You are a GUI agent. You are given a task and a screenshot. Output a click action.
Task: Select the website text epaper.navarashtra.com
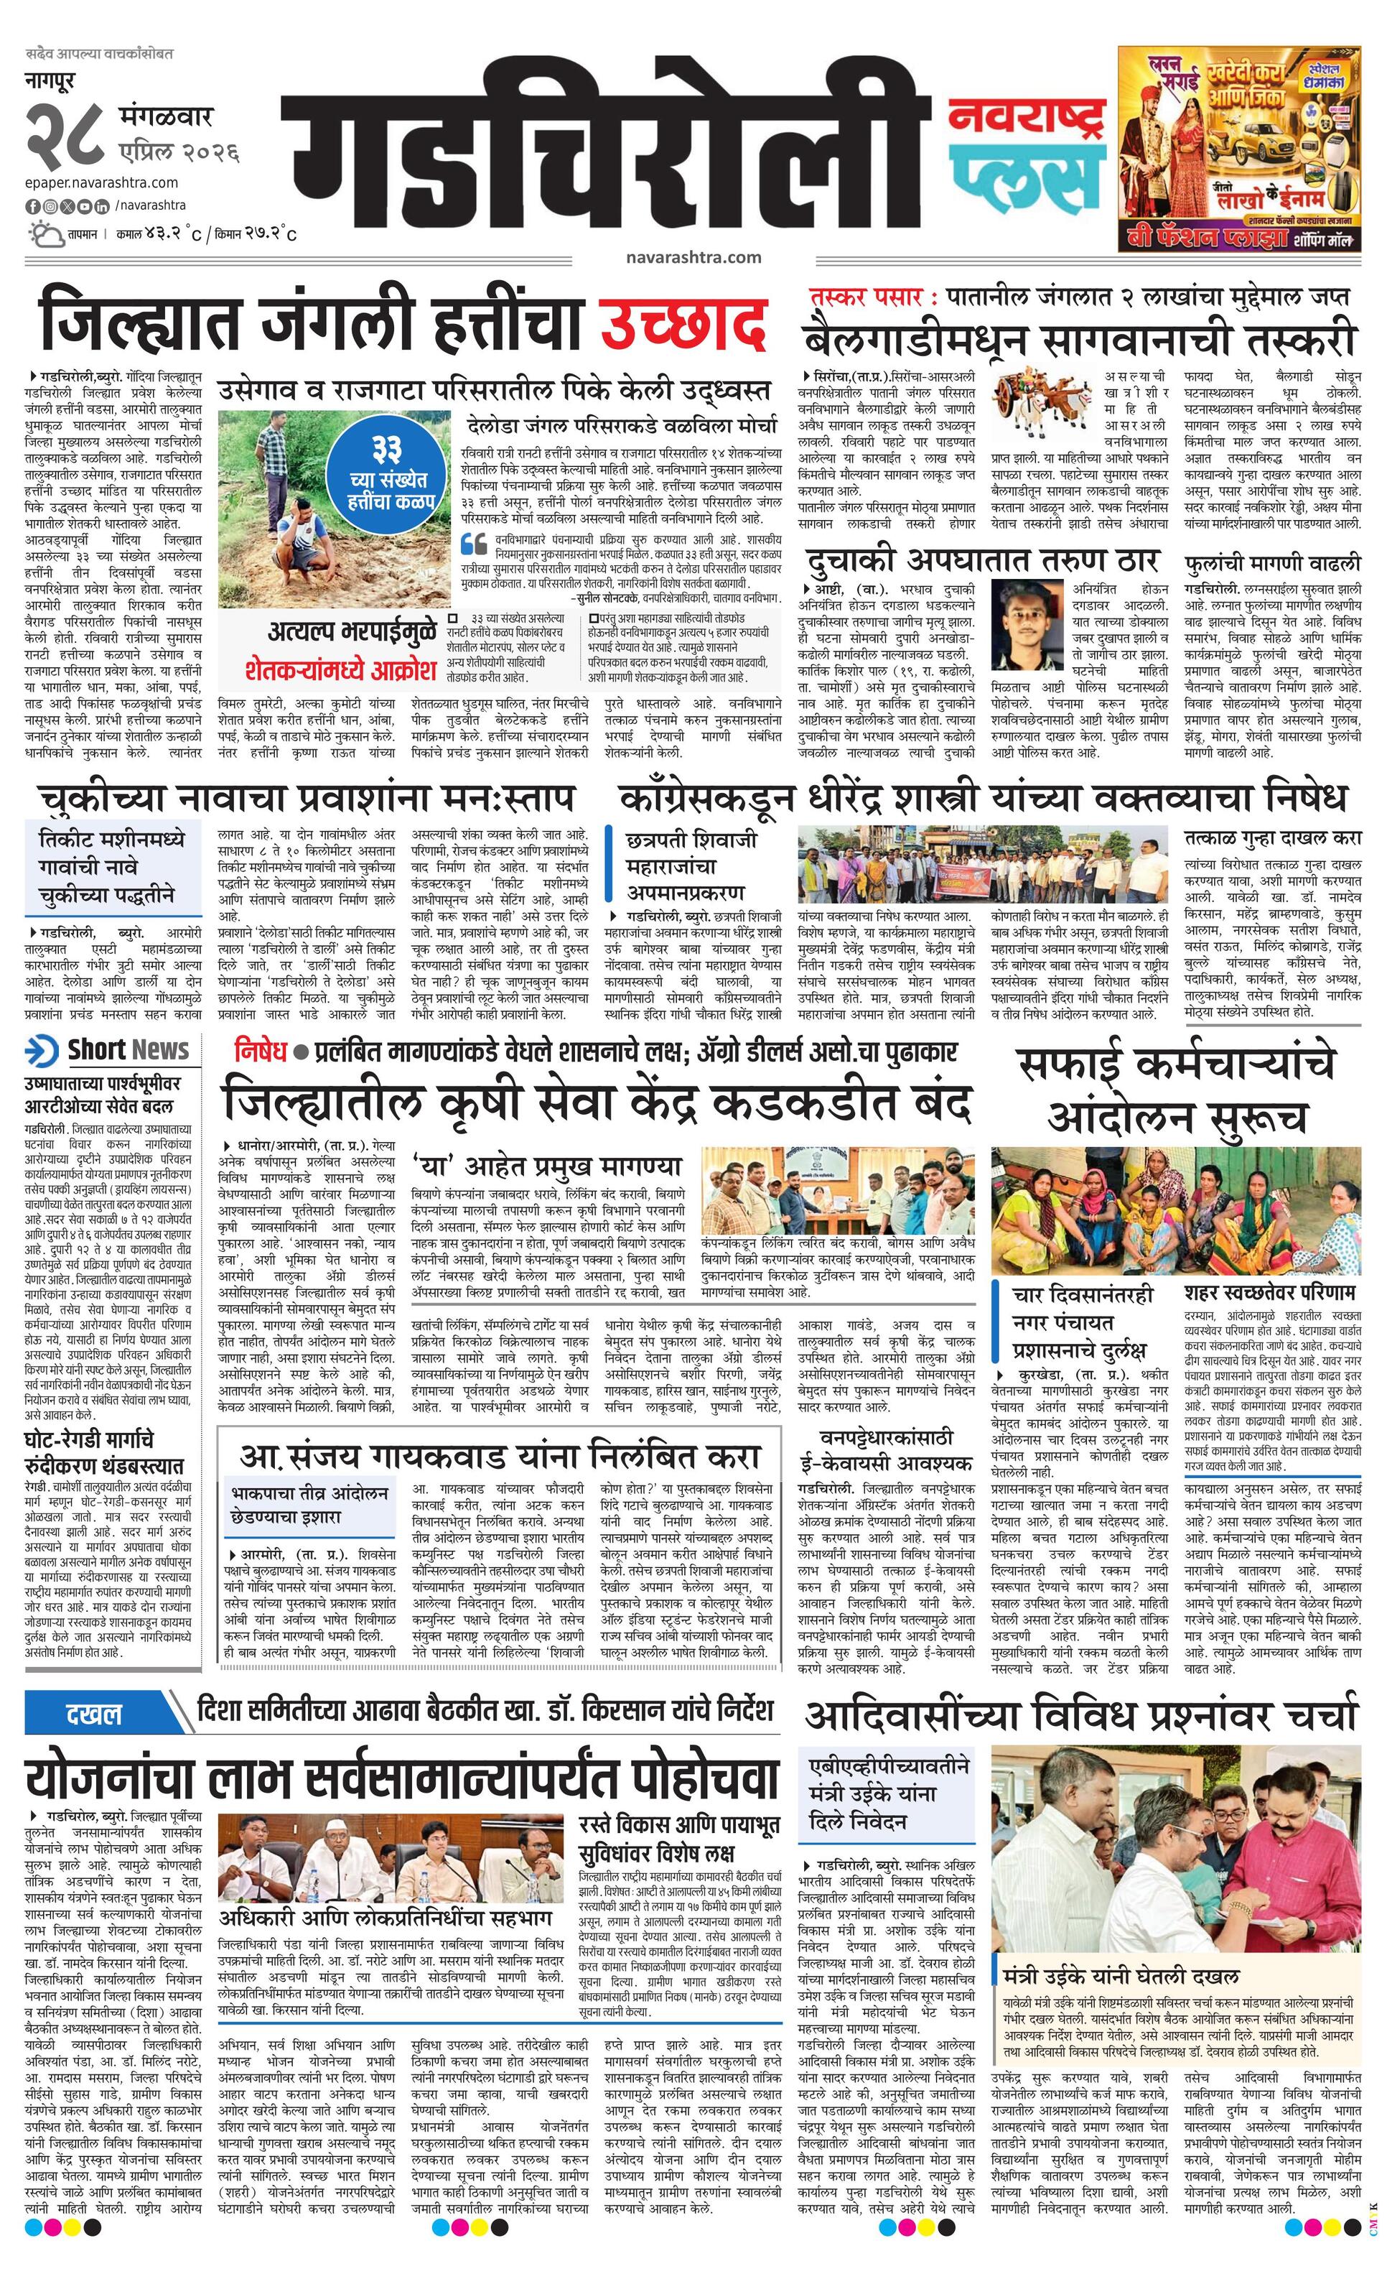(x=102, y=183)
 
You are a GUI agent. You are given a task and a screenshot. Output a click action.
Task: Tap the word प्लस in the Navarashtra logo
(x=1027, y=177)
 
